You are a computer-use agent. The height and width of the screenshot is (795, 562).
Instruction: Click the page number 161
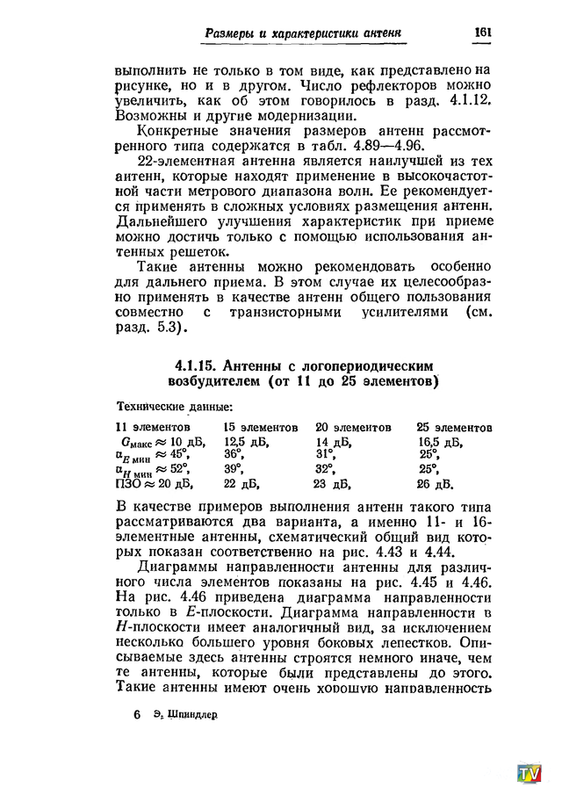click(482, 32)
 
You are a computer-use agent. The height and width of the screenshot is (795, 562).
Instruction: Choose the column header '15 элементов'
click(261, 427)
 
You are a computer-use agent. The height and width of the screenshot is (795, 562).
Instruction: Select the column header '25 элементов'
click(453, 427)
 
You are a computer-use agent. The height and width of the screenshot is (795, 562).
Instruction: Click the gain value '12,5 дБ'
click(246, 442)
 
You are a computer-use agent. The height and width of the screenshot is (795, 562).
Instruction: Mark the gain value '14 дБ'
click(333, 442)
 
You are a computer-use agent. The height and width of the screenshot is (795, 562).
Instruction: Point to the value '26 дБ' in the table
click(435, 483)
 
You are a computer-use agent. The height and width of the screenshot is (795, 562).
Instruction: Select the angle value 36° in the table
click(233, 455)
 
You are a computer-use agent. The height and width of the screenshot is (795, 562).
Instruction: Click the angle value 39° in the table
click(233, 469)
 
